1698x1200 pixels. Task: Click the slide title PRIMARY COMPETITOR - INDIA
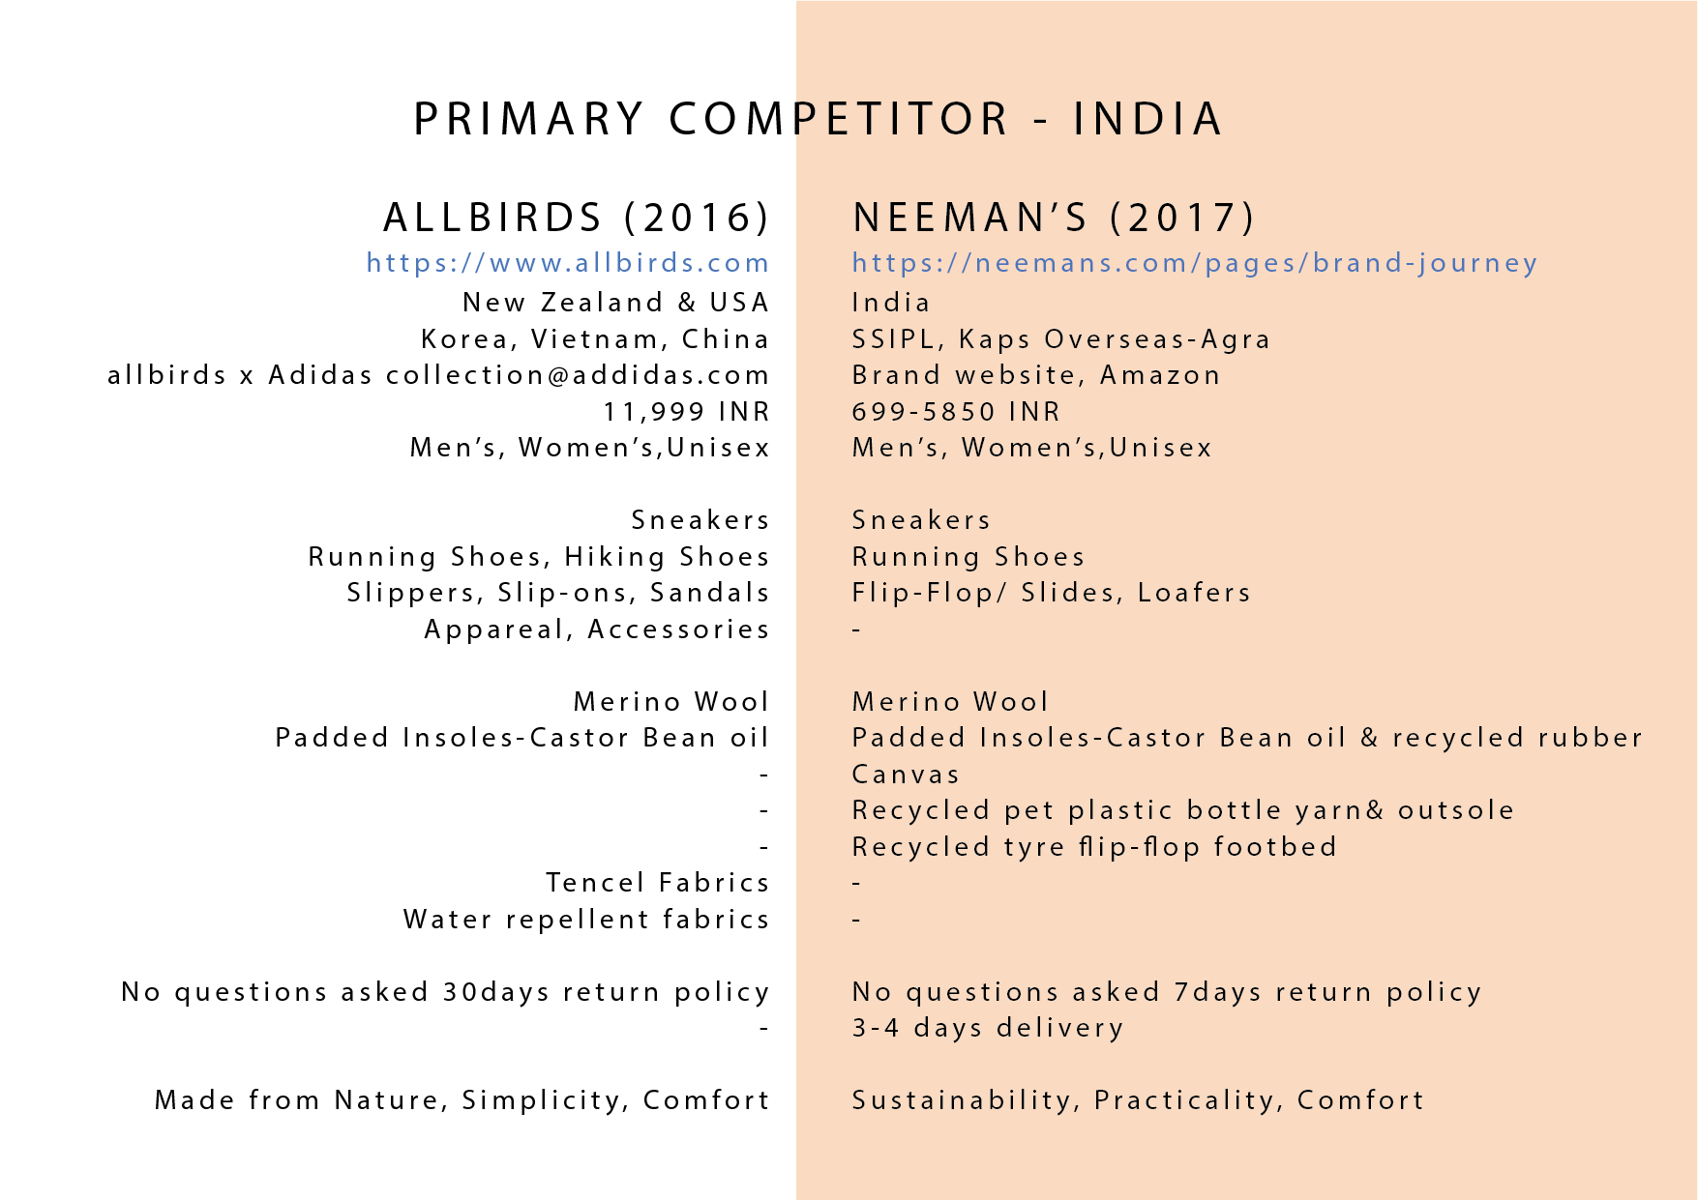[819, 119]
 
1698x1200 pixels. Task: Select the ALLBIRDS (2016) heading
[577, 218]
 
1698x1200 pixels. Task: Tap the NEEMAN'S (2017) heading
[1054, 218]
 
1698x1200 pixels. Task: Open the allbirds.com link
[568, 263]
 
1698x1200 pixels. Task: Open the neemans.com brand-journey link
[1195, 263]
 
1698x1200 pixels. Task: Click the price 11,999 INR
[687, 412]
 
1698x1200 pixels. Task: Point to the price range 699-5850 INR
[956, 412]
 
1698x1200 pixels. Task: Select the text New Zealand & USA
[616, 303]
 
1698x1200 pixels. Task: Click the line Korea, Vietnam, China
[596, 339]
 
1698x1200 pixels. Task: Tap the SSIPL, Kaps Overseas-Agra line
[1061, 339]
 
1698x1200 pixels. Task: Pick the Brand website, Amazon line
[1036, 375]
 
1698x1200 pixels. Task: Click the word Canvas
[906, 775]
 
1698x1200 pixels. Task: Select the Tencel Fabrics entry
[658, 883]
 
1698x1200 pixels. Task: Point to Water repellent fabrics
[586, 920]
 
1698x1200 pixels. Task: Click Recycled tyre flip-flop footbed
[1094, 847]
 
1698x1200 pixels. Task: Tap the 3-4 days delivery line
[988, 1028]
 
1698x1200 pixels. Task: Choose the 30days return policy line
[446, 992]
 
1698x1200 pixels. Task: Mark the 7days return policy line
[1167, 992]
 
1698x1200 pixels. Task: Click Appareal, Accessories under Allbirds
[597, 629]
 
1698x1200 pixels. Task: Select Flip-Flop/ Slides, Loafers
[1052, 593]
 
